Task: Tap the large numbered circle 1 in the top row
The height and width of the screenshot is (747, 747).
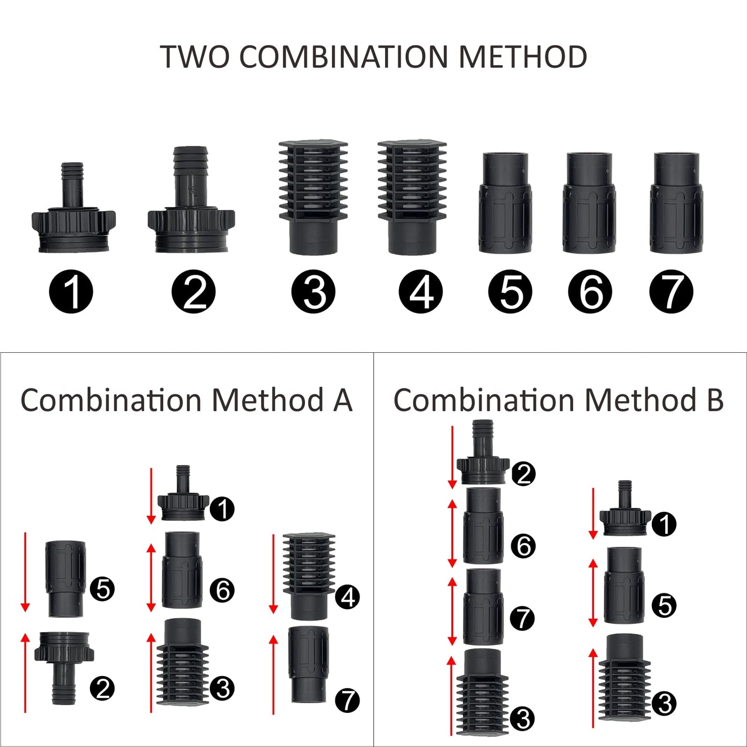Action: [71, 292]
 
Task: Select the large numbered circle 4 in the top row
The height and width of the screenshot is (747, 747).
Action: [421, 292]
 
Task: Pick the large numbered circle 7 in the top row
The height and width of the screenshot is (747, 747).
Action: [671, 292]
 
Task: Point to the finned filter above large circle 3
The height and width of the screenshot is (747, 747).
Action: [313, 197]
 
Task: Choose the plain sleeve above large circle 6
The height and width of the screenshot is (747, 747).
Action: [589, 203]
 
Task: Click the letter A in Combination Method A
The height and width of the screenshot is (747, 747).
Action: [342, 401]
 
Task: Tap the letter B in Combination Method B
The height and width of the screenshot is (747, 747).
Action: [715, 401]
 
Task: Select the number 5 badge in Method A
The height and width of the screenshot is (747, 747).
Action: [102, 589]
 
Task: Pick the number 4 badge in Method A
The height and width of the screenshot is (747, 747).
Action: [347, 597]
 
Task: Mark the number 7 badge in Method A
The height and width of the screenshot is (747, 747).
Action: [347, 700]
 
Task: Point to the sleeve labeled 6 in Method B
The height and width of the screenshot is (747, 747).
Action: [483, 525]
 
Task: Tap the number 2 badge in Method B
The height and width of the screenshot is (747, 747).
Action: [523, 473]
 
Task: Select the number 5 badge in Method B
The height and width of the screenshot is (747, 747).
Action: [665, 606]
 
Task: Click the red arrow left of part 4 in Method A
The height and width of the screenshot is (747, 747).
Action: [273, 574]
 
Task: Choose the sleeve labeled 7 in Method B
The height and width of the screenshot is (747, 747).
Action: [483, 606]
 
